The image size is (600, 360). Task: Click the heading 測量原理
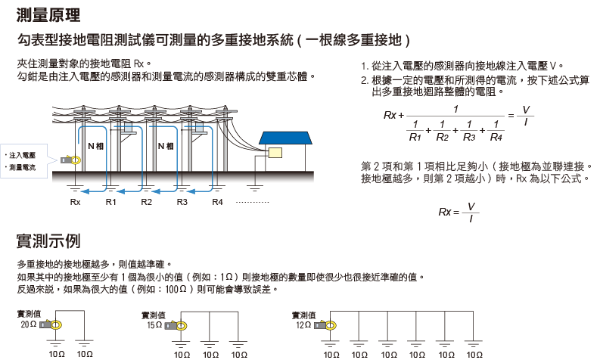pyautogui.click(x=48, y=14)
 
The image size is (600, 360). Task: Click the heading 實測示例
pyautogui.click(x=48, y=241)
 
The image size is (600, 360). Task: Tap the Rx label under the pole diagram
pyautogui.click(x=75, y=203)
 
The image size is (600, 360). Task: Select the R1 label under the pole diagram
pyautogui.click(x=110, y=203)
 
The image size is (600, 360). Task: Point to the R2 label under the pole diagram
pyautogui.click(x=147, y=203)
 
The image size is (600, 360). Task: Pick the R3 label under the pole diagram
pyautogui.click(x=182, y=203)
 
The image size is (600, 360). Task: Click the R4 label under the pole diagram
pyautogui.click(x=218, y=203)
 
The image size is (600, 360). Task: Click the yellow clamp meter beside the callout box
pyautogui.click(x=71, y=160)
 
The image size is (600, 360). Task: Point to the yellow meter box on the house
pyautogui.click(x=274, y=152)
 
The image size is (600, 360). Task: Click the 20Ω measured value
pyautogui.click(x=29, y=324)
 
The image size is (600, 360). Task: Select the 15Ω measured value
pyautogui.click(x=154, y=324)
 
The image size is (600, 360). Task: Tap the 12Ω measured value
pyautogui.click(x=303, y=324)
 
